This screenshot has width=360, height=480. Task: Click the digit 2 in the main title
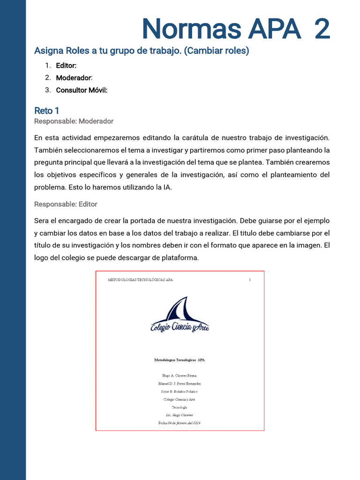(322, 29)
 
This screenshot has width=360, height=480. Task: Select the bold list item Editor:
(66, 66)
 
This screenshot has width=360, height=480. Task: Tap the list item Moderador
(74, 78)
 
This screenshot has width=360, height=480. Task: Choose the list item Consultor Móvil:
(82, 90)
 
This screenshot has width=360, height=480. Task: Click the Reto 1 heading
(47, 111)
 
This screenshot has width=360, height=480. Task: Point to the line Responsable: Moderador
(74, 121)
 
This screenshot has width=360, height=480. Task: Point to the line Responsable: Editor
(66, 204)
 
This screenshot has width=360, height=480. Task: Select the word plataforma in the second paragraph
(182, 257)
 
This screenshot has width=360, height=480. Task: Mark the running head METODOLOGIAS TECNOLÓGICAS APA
(140, 280)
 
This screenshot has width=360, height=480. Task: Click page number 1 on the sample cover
(250, 280)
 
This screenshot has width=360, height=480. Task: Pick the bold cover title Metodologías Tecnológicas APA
(180, 360)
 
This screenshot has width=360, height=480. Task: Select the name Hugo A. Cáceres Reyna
(180, 376)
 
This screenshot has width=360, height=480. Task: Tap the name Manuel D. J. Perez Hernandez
(180, 384)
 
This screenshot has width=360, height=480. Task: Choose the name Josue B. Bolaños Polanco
(180, 392)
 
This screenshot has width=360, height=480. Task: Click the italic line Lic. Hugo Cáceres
(180, 415)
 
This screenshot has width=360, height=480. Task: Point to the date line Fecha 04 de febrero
(180, 423)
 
